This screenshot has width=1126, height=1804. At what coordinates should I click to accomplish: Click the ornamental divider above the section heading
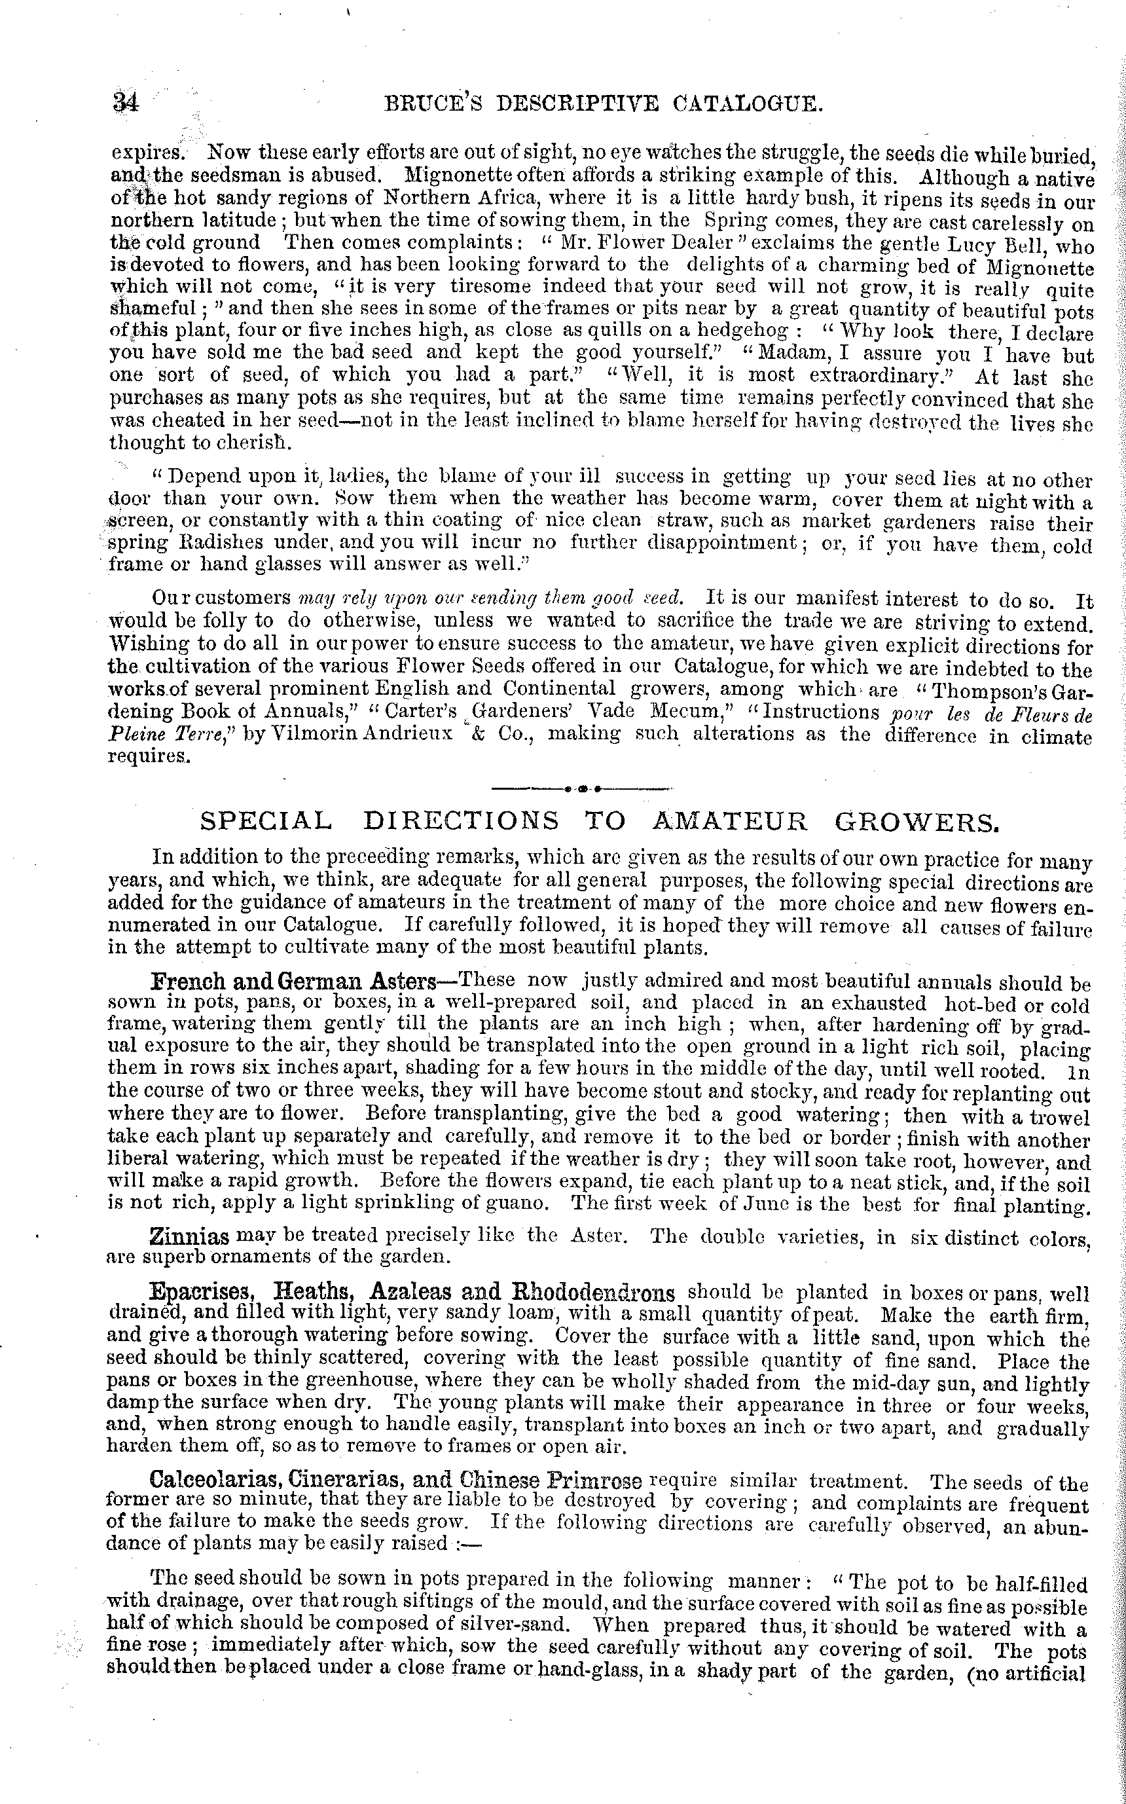583,787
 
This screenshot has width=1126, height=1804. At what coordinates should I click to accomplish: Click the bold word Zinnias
189,1237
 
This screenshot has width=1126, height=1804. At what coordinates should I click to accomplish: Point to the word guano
510,1203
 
